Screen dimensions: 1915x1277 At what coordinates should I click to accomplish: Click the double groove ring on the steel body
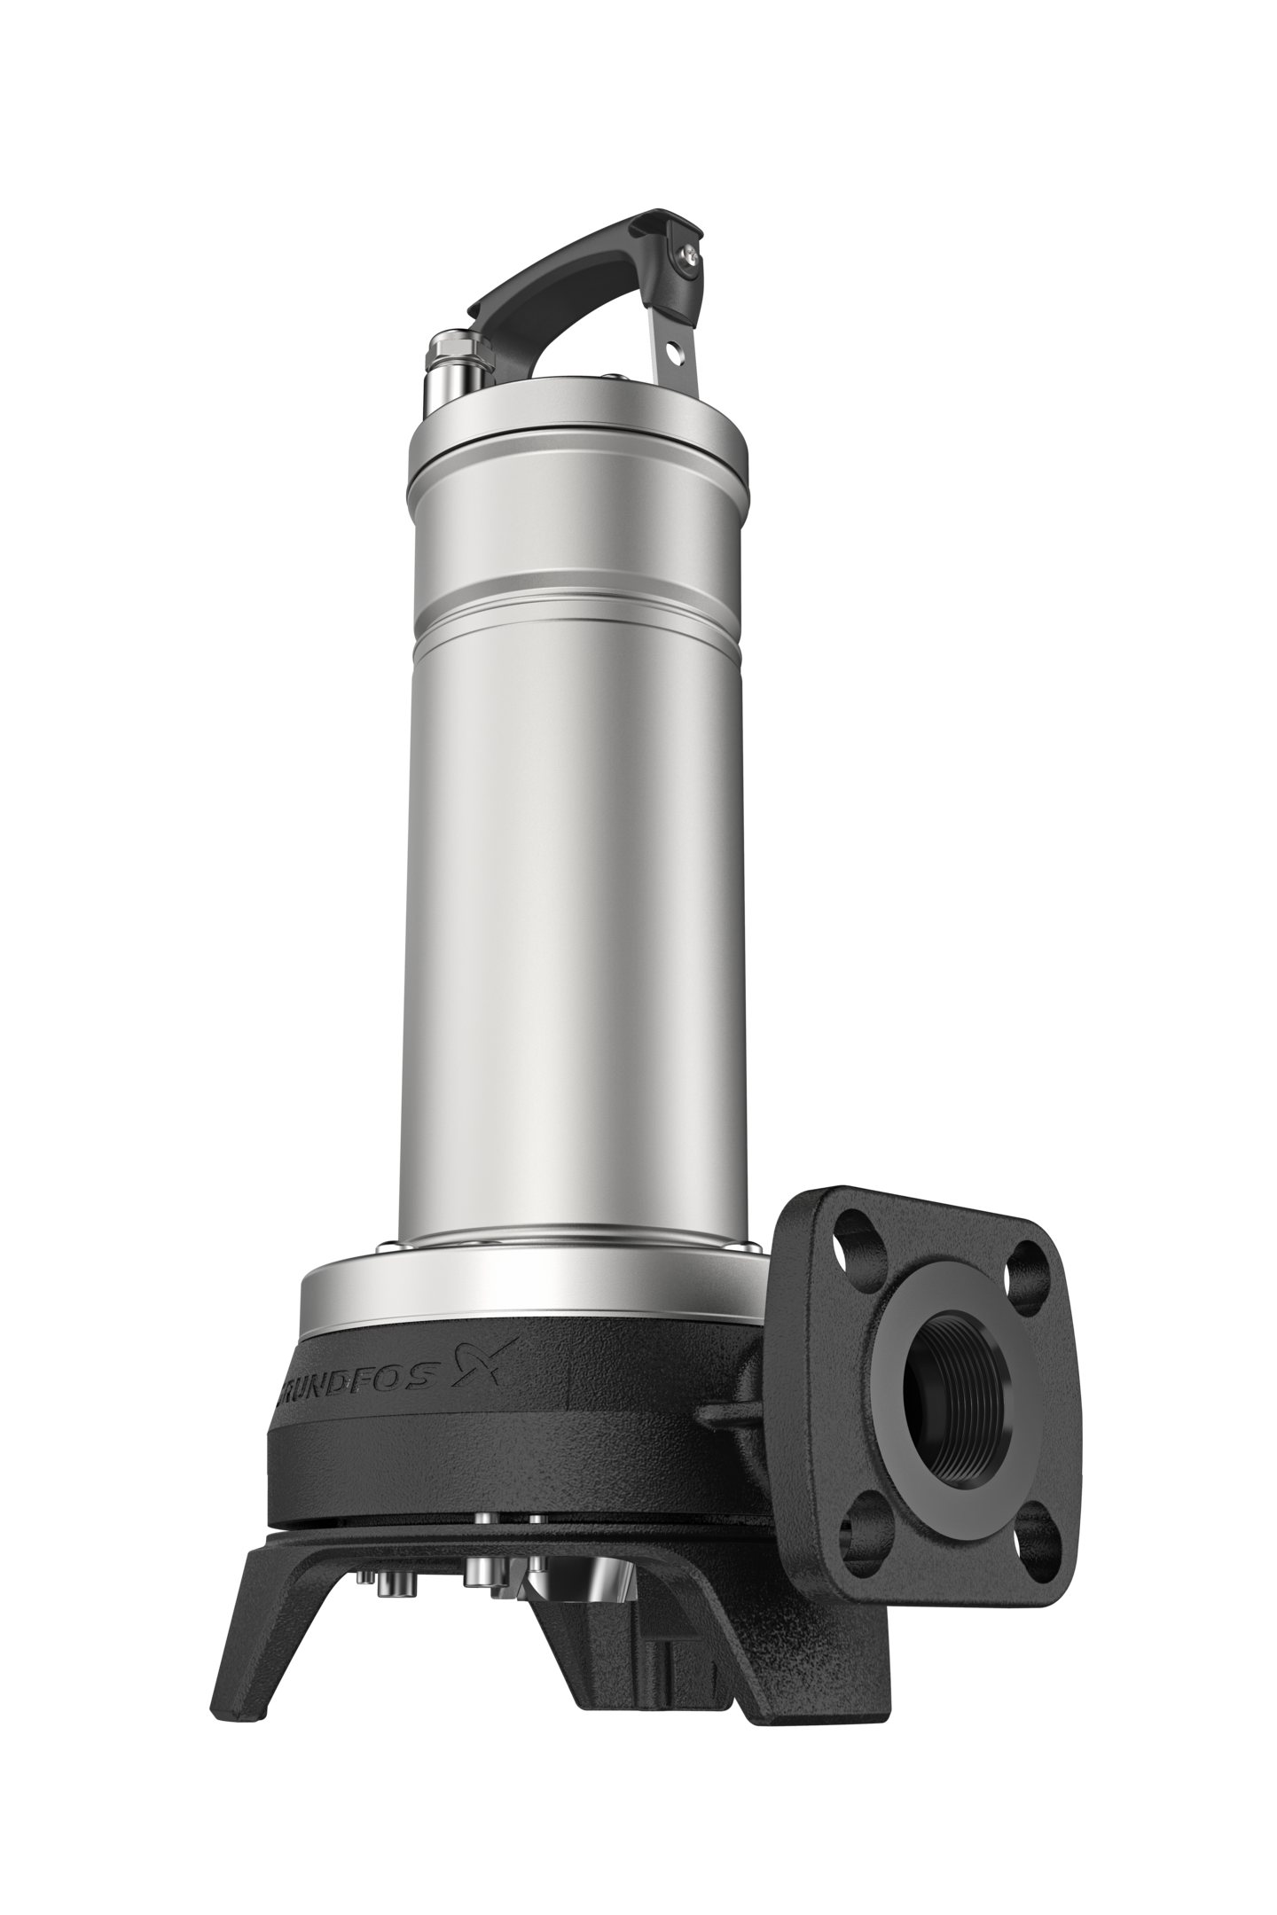coord(576,592)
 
